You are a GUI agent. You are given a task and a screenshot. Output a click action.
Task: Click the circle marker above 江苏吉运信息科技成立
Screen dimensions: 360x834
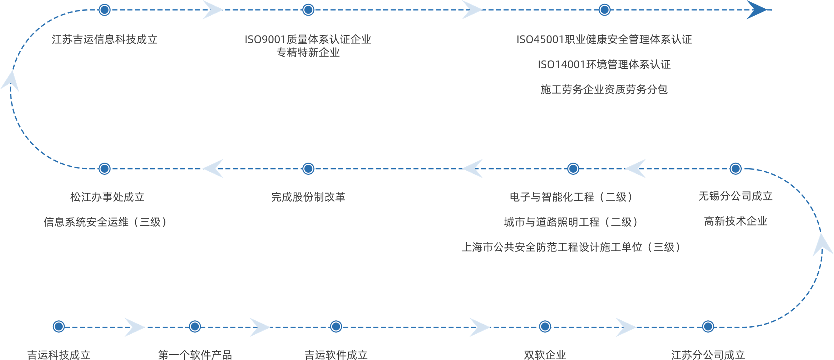(105, 10)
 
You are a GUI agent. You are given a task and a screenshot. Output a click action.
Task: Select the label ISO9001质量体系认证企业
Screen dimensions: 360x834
(308, 39)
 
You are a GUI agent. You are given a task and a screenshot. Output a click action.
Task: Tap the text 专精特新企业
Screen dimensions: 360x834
(308, 53)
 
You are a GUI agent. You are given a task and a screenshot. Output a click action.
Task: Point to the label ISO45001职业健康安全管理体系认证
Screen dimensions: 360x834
(604, 39)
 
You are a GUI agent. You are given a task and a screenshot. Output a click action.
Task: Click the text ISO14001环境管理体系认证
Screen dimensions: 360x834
(604, 64)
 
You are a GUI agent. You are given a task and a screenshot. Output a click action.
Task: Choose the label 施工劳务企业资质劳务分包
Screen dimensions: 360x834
(604, 89)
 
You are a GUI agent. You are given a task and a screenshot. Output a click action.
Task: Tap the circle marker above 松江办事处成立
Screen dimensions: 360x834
(105, 169)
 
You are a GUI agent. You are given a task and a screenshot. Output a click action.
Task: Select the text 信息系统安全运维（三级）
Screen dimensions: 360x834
(105, 222)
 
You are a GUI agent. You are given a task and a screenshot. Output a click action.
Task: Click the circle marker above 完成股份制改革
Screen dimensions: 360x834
(308, 169)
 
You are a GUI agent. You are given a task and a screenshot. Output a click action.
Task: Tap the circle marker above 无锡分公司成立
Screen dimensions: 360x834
(735, 169)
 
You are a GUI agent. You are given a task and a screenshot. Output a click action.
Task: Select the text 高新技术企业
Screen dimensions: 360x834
(735, 221)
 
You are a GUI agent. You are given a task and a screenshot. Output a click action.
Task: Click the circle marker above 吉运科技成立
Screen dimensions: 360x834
(59, 326)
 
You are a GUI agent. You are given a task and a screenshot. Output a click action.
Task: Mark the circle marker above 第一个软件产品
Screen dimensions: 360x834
(195, 326)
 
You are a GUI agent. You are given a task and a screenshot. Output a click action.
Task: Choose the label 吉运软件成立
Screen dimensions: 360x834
(336, 355)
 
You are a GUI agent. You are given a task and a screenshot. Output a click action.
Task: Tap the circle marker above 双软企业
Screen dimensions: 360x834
(545, 326)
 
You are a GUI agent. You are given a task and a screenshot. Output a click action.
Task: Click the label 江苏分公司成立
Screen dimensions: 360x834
(708, 355)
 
